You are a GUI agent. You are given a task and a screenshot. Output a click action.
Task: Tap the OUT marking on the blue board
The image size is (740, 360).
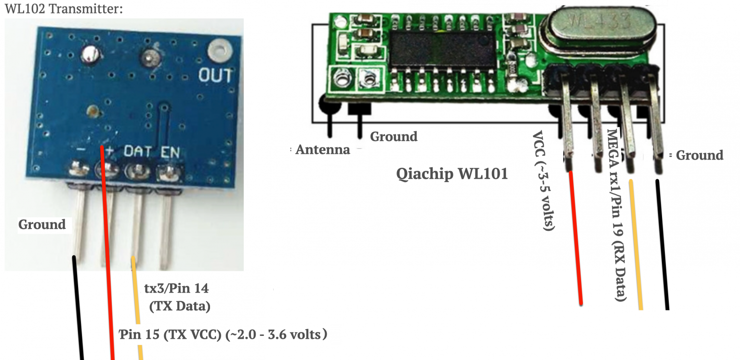point(215,76)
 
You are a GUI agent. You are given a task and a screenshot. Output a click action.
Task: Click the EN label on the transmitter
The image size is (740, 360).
point(170,152)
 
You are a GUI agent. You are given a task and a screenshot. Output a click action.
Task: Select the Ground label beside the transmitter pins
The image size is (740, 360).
point(42,225)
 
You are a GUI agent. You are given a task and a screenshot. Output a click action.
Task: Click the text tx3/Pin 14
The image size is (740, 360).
point(176,289)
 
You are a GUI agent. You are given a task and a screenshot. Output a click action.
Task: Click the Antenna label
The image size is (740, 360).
point(322,149)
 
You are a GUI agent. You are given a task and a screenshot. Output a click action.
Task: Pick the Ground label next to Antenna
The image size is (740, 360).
point(393,137)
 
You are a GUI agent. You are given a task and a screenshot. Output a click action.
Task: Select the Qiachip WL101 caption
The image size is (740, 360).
point(452,173)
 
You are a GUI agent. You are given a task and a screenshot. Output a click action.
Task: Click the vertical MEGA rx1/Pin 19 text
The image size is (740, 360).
point(618,214)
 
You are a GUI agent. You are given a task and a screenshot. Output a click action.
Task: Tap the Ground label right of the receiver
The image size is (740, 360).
point(699,155)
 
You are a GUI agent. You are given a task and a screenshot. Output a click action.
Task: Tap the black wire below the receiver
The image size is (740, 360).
point(662,246)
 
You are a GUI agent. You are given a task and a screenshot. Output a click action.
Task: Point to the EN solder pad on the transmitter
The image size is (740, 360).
point(169,170)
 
